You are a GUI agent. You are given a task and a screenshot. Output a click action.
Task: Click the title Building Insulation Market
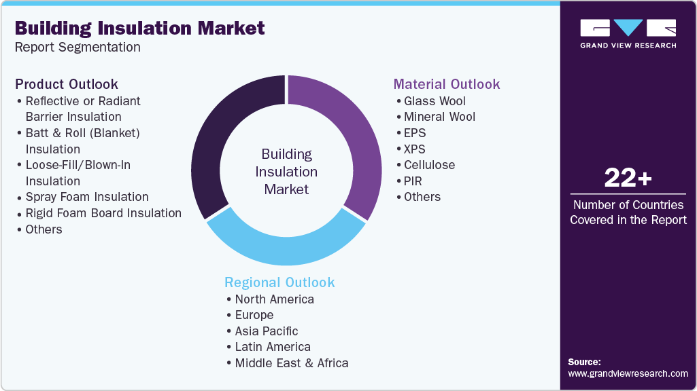pyautogui.click(x=139, y=28)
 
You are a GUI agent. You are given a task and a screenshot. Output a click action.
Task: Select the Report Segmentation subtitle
pyautogui.click(x=78, y=48)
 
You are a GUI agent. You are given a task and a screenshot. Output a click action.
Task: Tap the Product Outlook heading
pyautogui.click(x=67, y=84)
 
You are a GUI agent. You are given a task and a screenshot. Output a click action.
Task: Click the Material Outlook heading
pyautogui.click(x=447, y=84)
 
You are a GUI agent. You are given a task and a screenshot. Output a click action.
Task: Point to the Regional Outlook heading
pyautogui.click(x=279, y=282)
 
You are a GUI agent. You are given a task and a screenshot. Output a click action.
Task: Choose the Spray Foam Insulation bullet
pyautogui.click(x=86, y=197)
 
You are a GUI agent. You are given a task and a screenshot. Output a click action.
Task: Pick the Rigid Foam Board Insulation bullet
pyautogui.click(x=103, y=213)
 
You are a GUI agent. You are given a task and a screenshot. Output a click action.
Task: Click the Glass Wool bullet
pyautogui.click(x=434, y=101)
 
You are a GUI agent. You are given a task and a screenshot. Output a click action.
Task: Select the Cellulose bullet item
pyautogui.click(x=428, y=165)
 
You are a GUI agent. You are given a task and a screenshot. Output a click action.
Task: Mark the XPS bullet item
pyautogui.click(x=414, y=149)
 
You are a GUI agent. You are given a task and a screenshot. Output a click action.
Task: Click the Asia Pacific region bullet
pyautogui.click(x=266, y=331)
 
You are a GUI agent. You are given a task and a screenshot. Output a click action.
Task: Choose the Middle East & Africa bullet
pyautogui.click(x=291, y=363)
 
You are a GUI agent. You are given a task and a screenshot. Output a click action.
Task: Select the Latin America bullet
pyautogui.click(x=272, y=347)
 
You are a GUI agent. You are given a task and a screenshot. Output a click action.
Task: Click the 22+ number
pyautogui.click(x=628, y=178)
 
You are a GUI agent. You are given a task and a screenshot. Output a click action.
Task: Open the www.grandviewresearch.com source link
pyautogui.click(x=628, y=373)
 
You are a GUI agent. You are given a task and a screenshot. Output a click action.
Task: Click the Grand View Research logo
pyautogui.click(x=628, y=33)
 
